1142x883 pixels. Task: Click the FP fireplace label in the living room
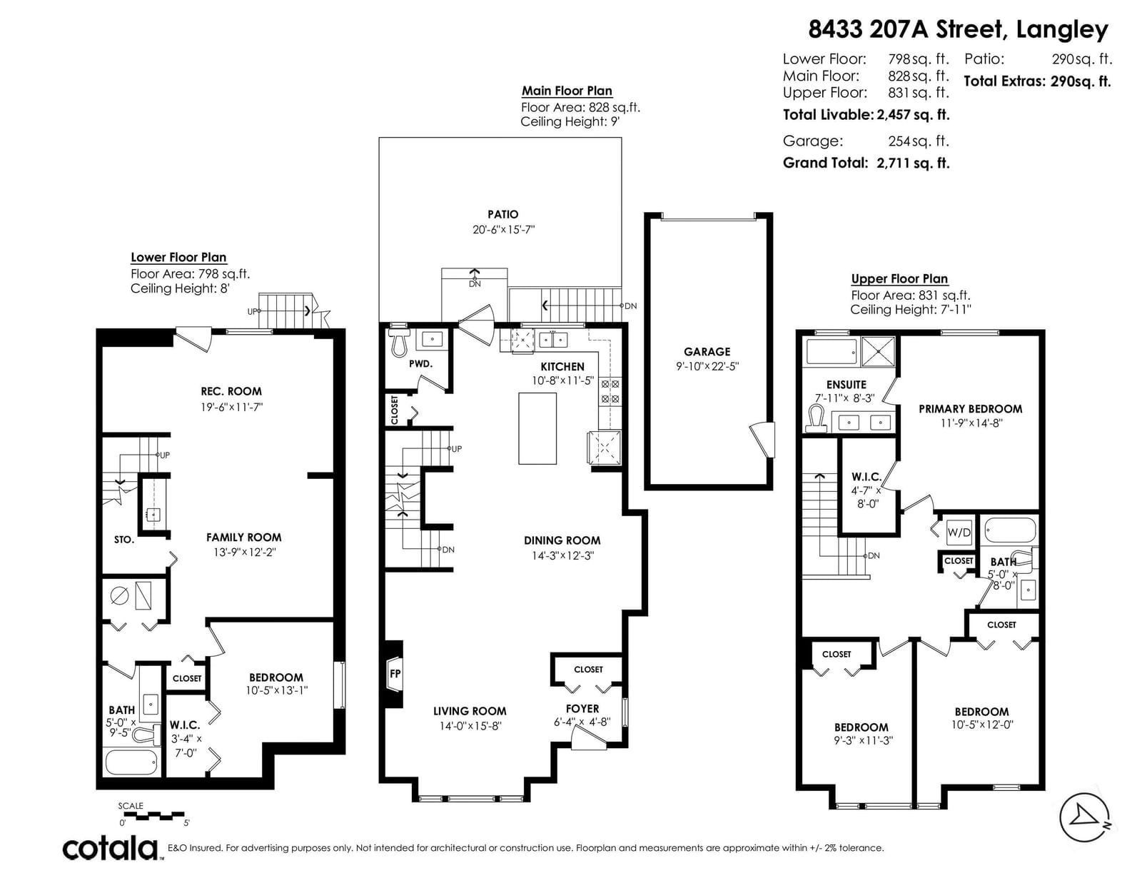tap(395, 673)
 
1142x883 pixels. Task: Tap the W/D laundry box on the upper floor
tap(959, 533)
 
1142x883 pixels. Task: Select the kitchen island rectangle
tap(537, 428)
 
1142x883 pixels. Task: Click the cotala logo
tap(111, 848)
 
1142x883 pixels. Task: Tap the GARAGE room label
tap(707, 352)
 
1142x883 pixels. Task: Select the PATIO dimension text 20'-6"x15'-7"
tap(503, 229)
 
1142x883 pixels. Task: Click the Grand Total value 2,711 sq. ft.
tap(913, 163)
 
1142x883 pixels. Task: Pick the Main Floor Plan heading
tap(567, 91)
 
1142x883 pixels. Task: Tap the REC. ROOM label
tap(231, 391)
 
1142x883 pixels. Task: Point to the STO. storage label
tap(124, 540)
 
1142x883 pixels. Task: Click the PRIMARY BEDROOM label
tap(970, 409)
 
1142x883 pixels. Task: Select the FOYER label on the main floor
tap(582, 709)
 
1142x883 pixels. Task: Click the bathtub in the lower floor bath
tap(132, 762)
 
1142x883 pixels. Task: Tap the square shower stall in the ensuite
tap(878, 350)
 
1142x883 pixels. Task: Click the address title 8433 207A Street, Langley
tap(958, 29)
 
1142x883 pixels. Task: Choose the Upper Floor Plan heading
tap(899, 278)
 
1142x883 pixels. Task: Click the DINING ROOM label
tap(562, 540)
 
